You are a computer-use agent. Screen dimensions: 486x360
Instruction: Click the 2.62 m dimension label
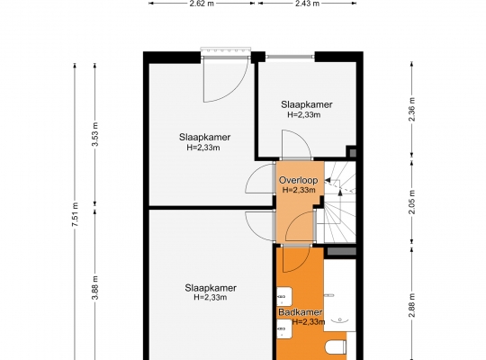[202, 4]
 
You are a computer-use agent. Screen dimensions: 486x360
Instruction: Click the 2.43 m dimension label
[307, 4]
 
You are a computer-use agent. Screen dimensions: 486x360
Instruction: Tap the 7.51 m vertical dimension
[76, 214]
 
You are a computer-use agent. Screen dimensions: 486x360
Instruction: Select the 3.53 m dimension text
[95, 134]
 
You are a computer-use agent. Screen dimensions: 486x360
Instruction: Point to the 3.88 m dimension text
[95, 287]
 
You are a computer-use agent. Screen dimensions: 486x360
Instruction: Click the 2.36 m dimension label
[412, 109]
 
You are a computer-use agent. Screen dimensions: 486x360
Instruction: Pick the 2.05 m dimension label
[412, 202]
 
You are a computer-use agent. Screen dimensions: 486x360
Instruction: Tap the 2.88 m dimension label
[412, 305]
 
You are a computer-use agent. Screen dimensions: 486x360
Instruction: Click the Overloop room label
[298, 180]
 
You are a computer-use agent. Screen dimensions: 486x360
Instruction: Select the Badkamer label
[301, 312]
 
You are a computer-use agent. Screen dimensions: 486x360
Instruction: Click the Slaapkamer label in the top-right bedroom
[307, 104]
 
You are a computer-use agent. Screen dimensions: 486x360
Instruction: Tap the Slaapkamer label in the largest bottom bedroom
[211, 288]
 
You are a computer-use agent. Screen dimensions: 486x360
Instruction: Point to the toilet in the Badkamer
[336, 347]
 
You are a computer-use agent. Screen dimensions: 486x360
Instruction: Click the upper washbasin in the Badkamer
[284, 297]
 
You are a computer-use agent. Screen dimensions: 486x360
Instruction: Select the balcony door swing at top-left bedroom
[225, 80]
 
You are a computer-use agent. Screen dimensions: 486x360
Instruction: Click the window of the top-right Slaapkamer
[290, 57]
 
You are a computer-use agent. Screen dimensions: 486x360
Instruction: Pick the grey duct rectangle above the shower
[341, 251]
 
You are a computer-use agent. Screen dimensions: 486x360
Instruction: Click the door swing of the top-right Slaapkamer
[296, 145]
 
